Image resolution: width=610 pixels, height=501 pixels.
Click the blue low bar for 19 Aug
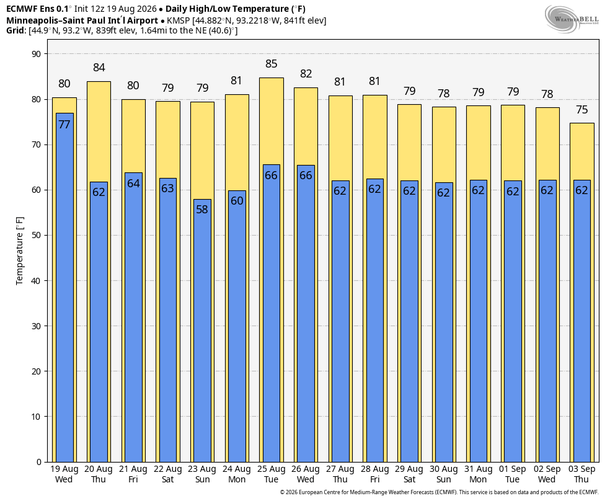pos(64,288)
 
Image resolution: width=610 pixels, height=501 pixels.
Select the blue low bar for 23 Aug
pos(202,330)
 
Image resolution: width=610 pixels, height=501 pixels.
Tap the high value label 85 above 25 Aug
pos(271,64)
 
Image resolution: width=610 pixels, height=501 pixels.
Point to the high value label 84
pos(99,68)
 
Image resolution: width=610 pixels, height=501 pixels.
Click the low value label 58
pos(202,210)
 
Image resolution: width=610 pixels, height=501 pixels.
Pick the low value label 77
pos(64,125)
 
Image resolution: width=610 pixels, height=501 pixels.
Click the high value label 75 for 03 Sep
pos(581,110)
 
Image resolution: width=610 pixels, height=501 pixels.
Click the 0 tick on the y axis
pos(38,462)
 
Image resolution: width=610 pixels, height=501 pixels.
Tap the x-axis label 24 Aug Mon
pos(237,474)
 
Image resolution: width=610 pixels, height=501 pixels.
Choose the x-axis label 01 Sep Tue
pos(512,474)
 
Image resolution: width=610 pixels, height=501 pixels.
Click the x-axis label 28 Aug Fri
pos(374,474)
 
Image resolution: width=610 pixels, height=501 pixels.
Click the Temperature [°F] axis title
pos(20,251)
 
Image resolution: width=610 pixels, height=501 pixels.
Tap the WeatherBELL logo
pos(572,19)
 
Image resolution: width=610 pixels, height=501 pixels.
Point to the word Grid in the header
pos(15,30)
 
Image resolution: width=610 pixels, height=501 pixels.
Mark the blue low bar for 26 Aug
pos(306,314)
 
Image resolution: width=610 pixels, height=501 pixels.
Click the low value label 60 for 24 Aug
pos(237,201)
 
